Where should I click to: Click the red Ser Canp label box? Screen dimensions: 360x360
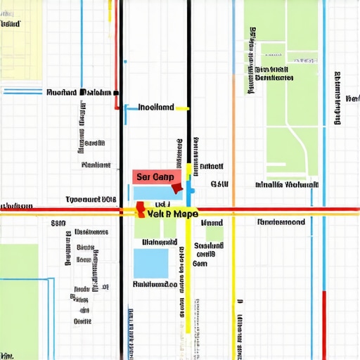(157, 176)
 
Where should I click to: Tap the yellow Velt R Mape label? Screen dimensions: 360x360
(169, 214)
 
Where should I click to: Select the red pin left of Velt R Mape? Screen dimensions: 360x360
(140, 208)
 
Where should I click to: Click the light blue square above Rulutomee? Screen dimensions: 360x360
(151, 263)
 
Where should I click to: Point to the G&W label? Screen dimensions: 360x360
(219, 185)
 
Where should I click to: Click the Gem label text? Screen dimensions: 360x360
(200, 264)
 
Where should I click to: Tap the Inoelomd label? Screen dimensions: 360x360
(155, 108)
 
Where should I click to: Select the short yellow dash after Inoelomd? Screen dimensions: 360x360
(182, 109)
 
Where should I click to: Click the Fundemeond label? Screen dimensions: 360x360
(281, 222)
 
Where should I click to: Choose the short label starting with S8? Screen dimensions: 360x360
(58, 224)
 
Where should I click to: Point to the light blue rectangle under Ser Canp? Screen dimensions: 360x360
(153, 193)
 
